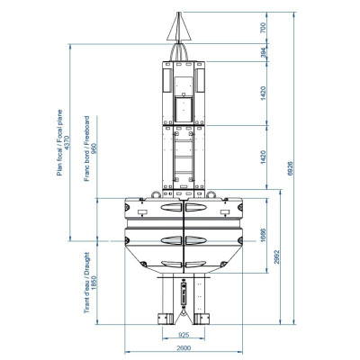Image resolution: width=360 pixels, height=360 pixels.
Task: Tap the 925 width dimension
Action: (x=183, y=336)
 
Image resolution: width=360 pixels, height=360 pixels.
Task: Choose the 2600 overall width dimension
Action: (x=183, y=347)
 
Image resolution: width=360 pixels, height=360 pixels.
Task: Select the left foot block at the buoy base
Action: (x=164, y=318)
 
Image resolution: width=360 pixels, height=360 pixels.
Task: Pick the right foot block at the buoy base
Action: (x=202, y=318)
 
